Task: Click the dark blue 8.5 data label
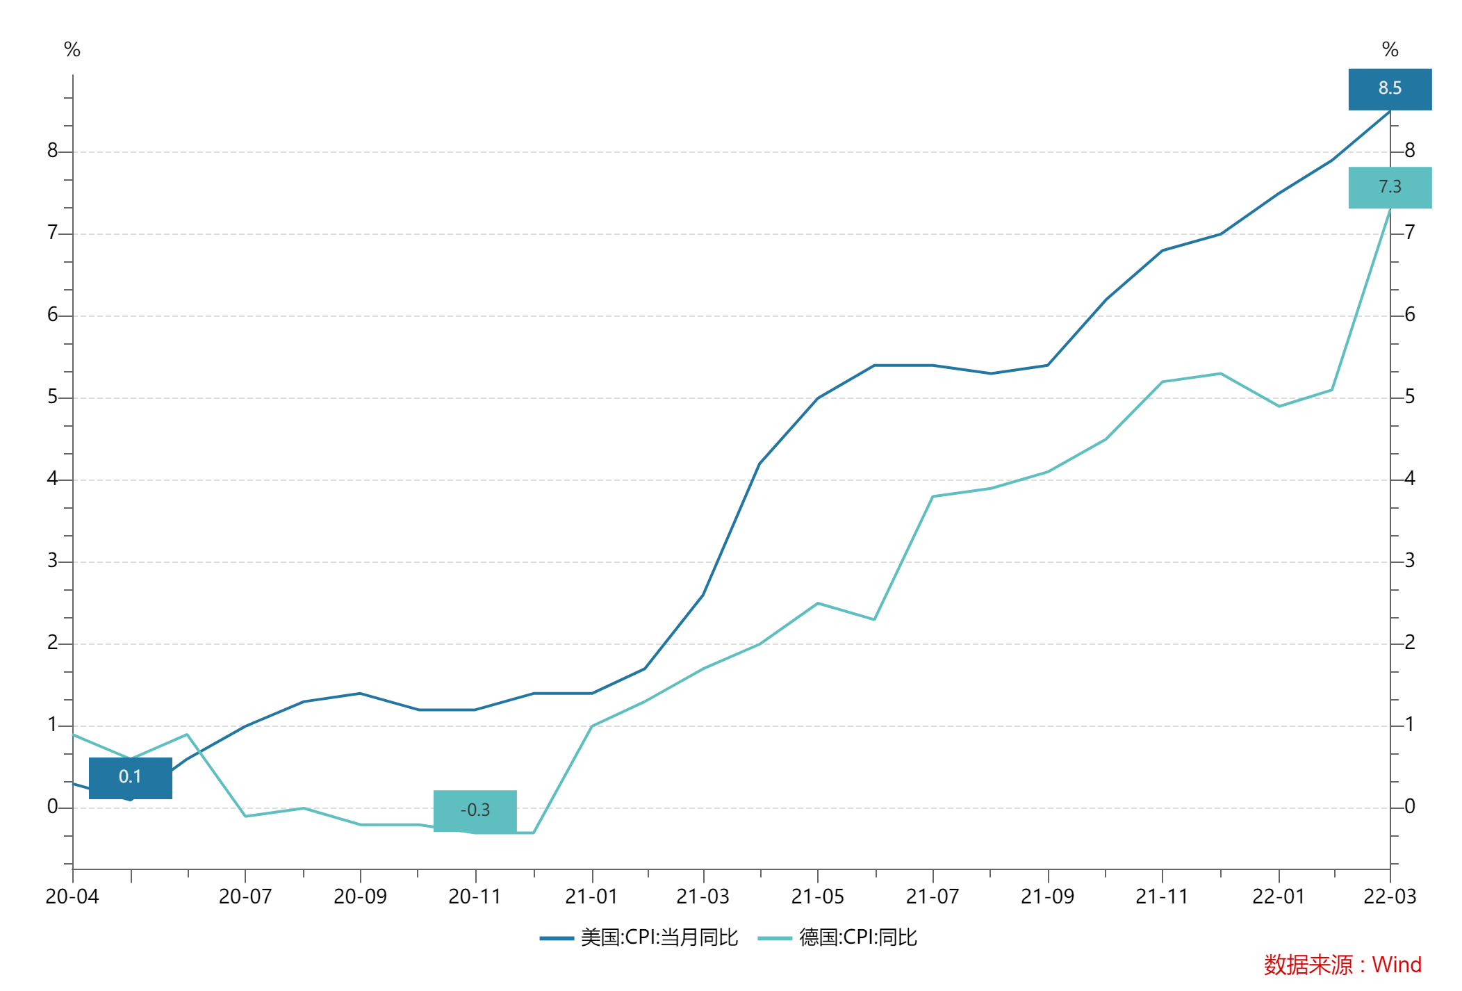[1390, 89]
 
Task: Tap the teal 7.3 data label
[1390, 188]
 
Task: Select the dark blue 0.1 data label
[130, 777]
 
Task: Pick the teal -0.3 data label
[475, 810]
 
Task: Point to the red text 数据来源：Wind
[1342, 965]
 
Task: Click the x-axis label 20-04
[72, 896]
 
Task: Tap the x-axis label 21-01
[591, 896]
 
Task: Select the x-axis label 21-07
[933, 896]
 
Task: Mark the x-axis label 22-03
[1390, 896]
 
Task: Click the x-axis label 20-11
[475, 896]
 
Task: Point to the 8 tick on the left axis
[53, 151]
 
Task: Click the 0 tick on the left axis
[53, 807]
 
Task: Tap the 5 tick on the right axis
[1410, 397]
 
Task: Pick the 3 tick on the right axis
[1410, 561]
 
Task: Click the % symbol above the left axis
[72, 49]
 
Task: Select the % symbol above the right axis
[1390, 49]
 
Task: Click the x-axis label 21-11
[1162, 896]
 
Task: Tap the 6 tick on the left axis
[53, 315]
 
